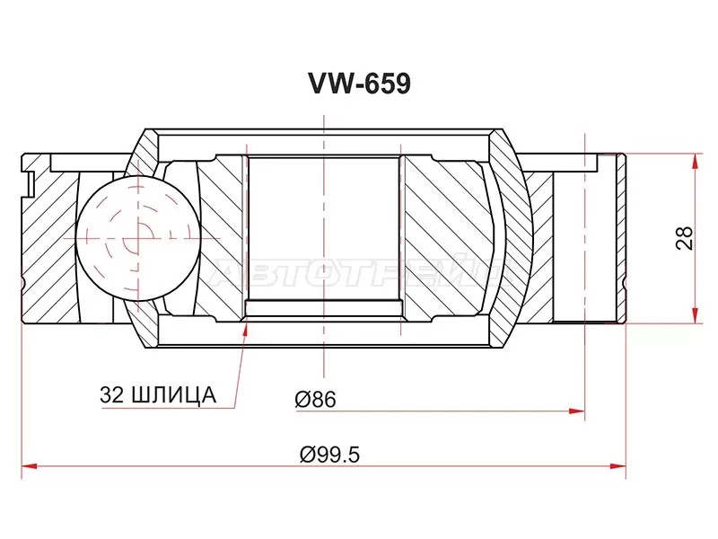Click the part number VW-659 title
click(x=360, y=84)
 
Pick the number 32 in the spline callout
click(x=116, y=394)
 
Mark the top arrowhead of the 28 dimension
click(x=694, y=160)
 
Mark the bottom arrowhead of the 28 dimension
click(x=694, y=315)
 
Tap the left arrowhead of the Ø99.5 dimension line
click(x=27, y=466)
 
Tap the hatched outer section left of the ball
click(x=49, y=243)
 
